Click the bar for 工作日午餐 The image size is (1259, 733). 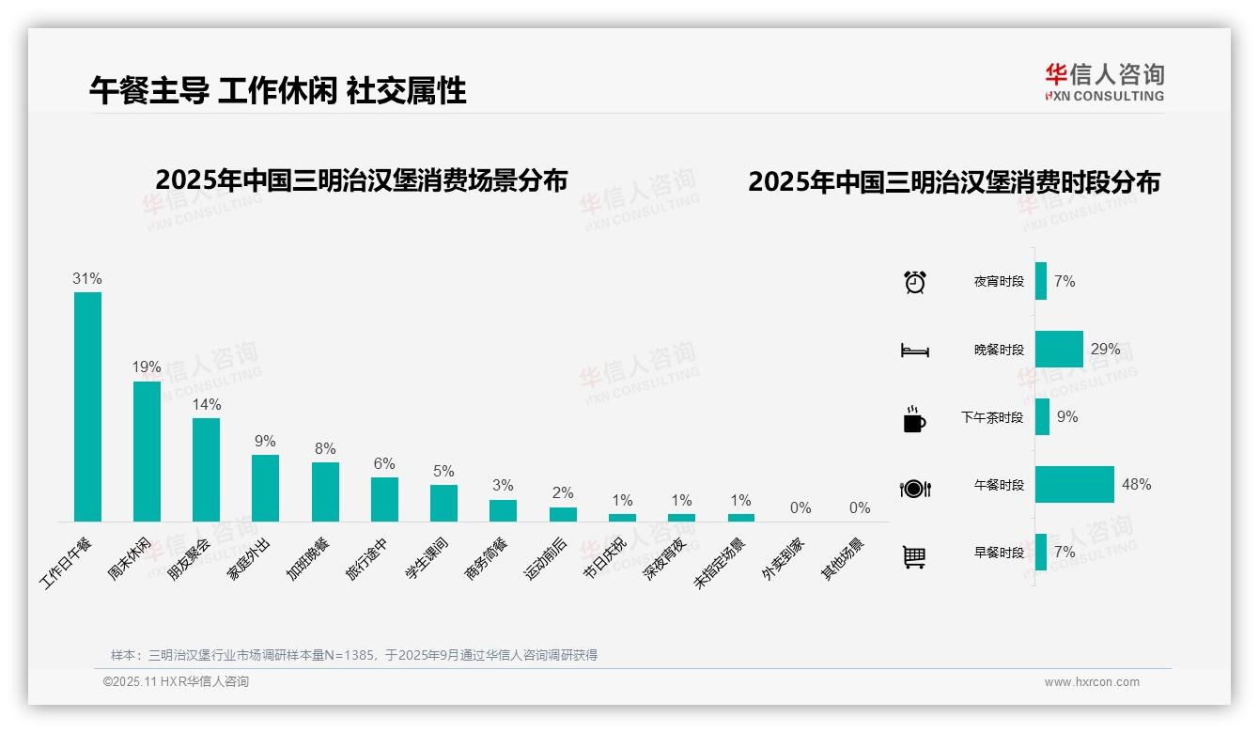(87, 406)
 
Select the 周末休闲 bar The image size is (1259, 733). (147, 450)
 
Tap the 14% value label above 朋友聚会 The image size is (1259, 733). (206, 404)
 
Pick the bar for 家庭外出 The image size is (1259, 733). (265, 488)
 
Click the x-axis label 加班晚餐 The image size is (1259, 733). (309, 558)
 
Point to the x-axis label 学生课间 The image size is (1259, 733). (427, 558)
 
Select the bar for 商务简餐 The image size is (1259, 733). (503, 510)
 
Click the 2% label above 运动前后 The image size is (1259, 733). (563, 493)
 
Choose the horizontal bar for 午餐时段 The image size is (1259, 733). (1074, 485)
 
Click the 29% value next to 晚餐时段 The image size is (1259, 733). (1105, 350)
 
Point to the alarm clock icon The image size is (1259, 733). (914, 282)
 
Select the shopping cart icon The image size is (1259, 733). (914, 556)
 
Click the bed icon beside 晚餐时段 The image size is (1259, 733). (914, 351)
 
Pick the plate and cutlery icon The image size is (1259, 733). (914, 488)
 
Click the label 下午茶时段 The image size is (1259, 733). (992, 417)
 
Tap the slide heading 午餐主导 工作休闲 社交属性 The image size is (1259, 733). (278, 90)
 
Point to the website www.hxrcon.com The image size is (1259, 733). (1091, 682)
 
